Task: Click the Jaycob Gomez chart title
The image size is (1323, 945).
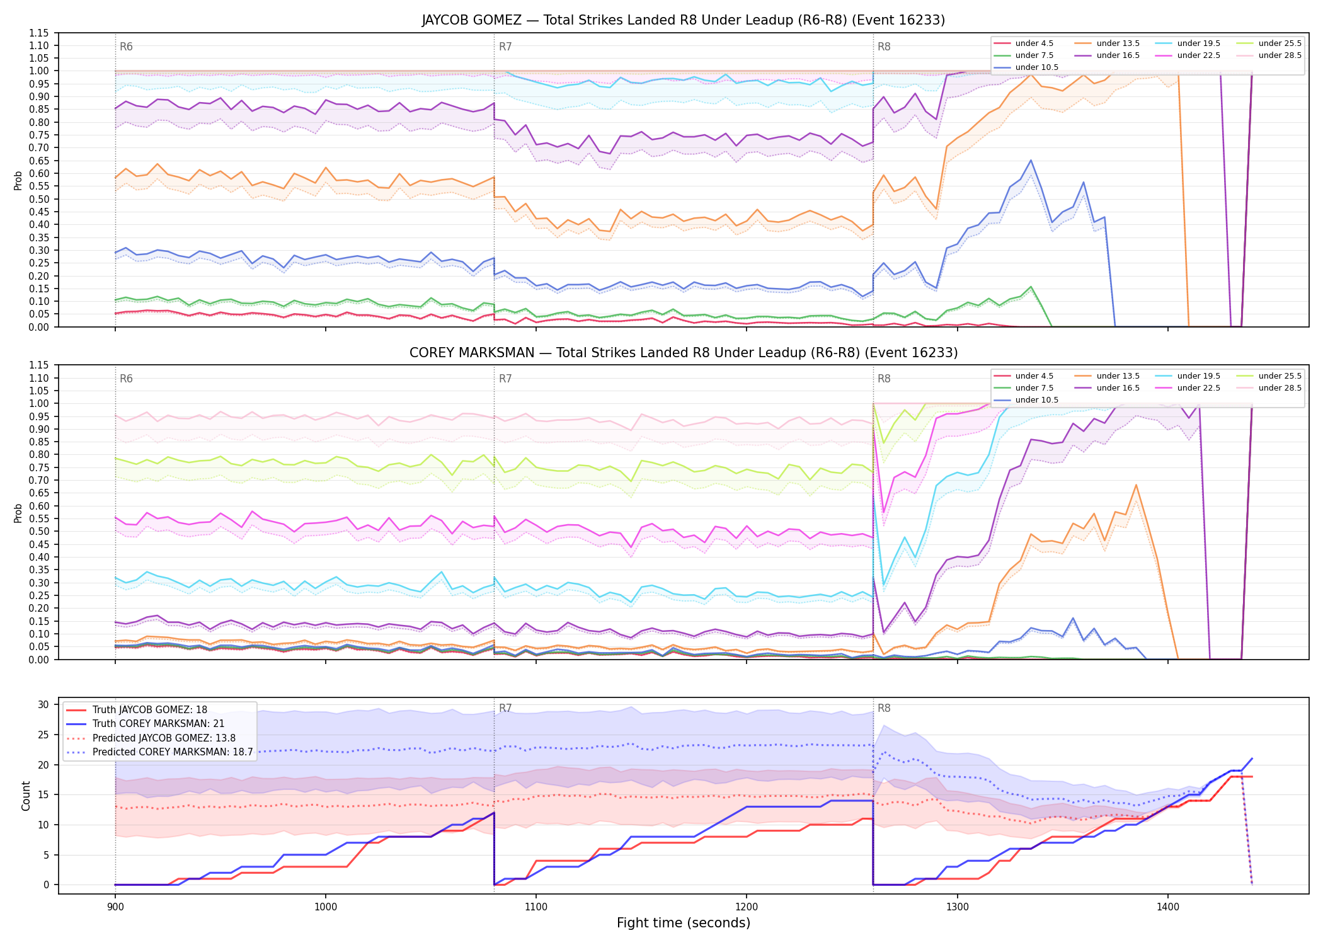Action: point(684,20)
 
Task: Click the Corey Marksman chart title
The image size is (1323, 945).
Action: point(684,353)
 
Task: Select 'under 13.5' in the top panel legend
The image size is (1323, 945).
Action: point(1118,43)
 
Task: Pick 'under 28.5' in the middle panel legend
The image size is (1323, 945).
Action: point(1280,388)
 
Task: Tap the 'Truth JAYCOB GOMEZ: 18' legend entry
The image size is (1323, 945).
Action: point(149,709)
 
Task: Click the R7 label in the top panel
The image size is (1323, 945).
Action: point(505,47)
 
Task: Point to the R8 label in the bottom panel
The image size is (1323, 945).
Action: point(884,708)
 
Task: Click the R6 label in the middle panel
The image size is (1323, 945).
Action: point(126,379)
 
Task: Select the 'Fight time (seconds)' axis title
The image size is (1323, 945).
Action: point(684,923)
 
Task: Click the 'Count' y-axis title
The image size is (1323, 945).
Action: point(26,796)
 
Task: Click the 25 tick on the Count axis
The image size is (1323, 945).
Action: point(44,735)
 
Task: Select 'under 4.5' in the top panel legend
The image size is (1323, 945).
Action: point(1034,43)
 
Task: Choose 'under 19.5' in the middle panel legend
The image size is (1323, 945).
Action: point(1198,376)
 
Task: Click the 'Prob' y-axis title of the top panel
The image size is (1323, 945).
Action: point(18,180)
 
